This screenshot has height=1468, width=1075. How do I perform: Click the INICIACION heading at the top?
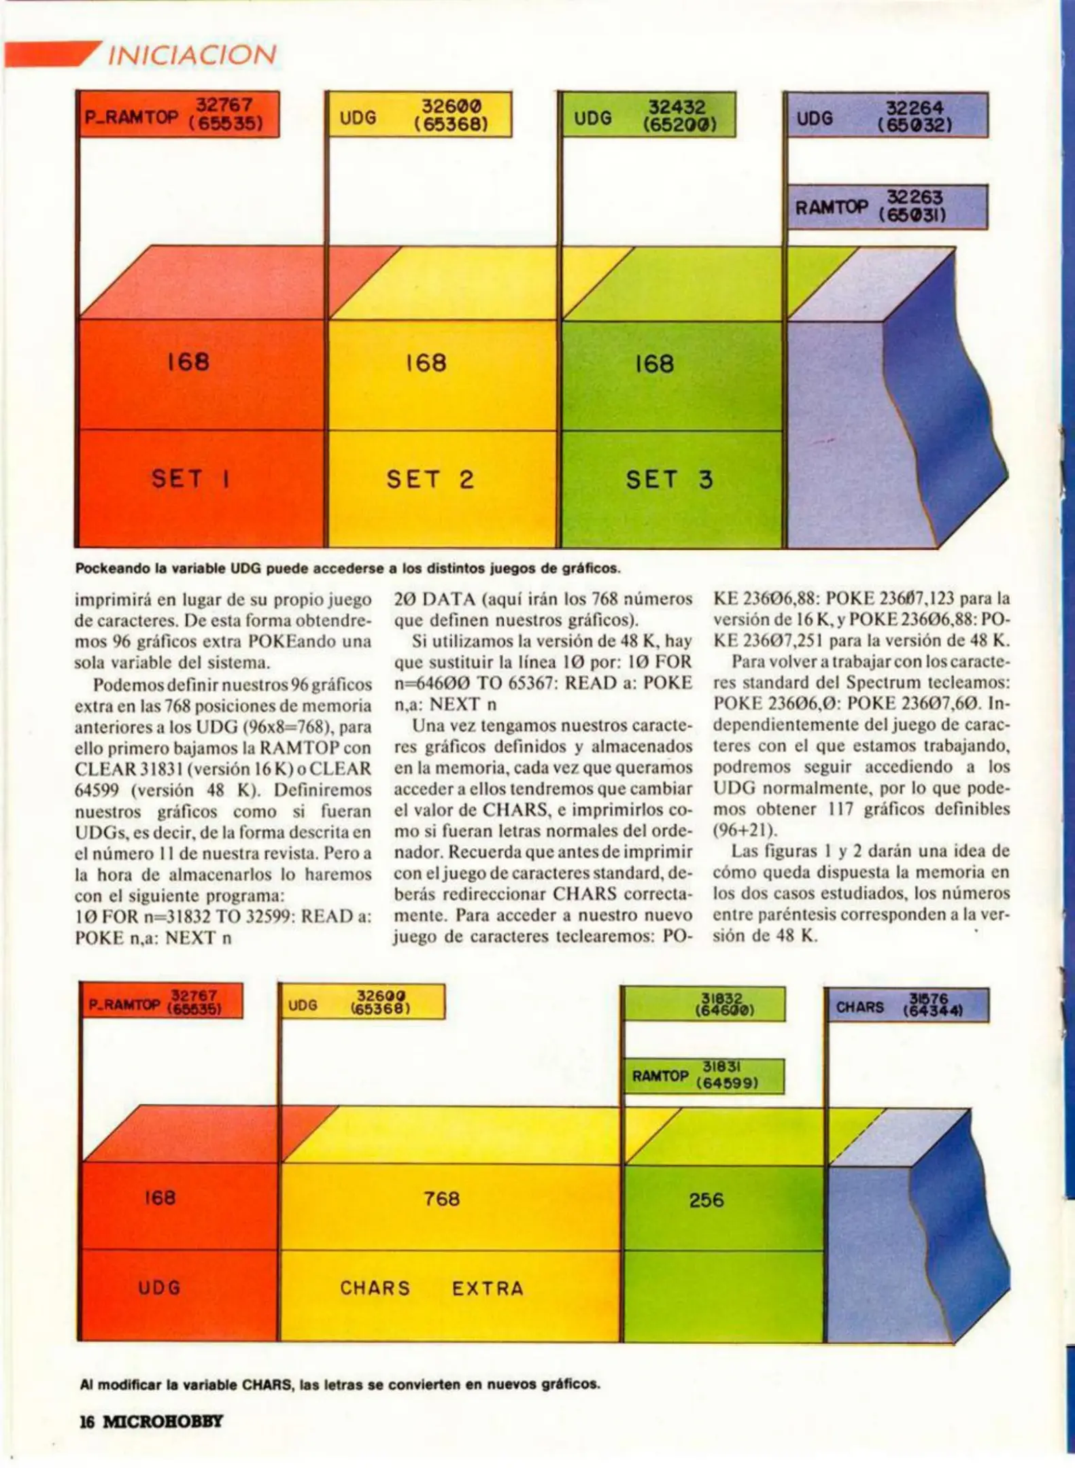coord(192,55)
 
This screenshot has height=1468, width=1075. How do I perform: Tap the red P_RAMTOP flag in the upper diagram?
coord(179,115)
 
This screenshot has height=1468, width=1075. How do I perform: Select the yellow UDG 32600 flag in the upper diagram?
coord(419,115)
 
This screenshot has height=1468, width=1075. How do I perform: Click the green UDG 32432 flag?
coord(648,116)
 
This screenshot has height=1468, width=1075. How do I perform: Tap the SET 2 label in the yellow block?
coord(430,480)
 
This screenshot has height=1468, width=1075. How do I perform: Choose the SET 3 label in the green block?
coord(669,480)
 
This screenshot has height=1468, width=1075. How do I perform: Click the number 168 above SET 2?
coord(426,363)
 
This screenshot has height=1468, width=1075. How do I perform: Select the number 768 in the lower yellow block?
coord(441,1198)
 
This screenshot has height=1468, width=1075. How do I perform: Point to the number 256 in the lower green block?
coord(706,1200)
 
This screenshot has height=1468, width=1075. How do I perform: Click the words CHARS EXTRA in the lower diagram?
coord(432,1288)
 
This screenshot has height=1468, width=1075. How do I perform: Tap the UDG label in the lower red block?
coord(160,1287)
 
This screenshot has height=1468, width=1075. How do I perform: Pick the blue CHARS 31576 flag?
coord(907,1006)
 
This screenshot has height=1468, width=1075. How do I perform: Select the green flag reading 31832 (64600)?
coord(704,1004)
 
